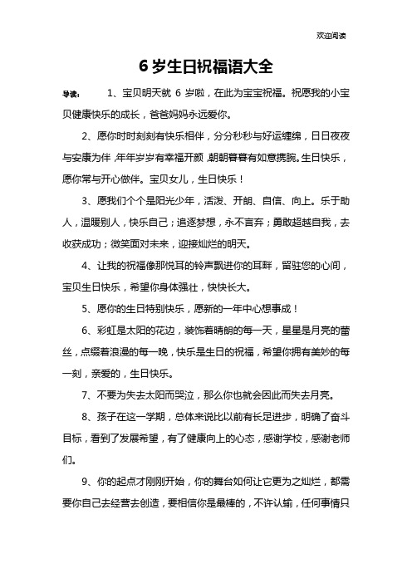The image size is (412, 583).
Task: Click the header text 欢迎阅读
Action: [x=332, y=37]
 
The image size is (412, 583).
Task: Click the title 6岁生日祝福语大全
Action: [x=205, y=66]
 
